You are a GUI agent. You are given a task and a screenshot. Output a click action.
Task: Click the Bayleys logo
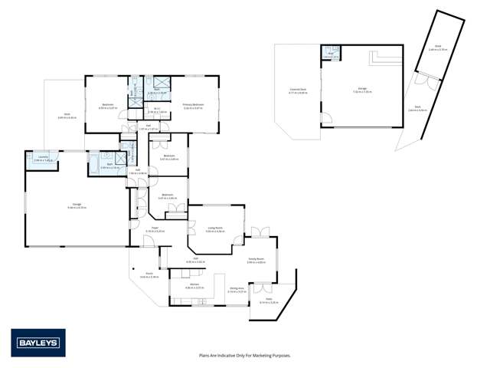point(38,343)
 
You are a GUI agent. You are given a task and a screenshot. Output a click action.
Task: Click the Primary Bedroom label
point(193,107)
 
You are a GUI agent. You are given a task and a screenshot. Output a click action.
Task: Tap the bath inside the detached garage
point(331,54)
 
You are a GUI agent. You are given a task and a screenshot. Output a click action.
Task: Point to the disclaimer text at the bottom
point(244,355)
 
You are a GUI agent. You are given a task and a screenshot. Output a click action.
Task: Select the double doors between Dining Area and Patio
point(266,289)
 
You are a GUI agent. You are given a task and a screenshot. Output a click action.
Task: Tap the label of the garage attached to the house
point(77,205)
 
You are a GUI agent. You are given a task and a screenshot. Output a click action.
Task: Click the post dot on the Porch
point(132,268)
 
